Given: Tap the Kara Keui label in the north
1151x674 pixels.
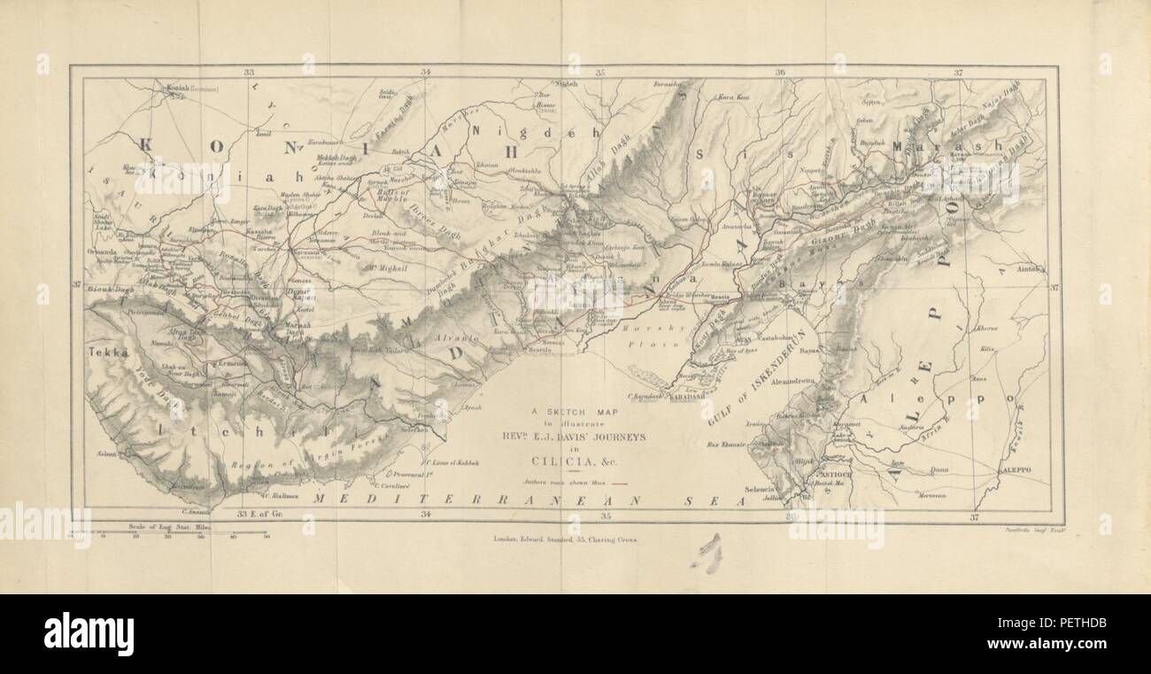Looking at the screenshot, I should [732, 97].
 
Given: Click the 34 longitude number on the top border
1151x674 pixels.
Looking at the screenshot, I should [426, 72].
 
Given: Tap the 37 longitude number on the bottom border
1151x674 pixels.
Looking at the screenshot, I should [974, 516].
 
